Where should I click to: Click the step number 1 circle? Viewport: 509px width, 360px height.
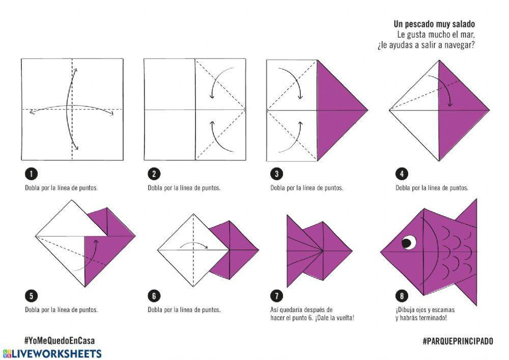click(31, 174)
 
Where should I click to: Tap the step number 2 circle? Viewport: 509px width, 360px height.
click(154, 174)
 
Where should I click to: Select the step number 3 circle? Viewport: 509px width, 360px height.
click(276, 174)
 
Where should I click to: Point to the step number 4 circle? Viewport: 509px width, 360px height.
click(402, 174)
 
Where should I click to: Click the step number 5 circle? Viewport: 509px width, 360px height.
click(31, 296)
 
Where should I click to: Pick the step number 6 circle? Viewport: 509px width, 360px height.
click(154, 296)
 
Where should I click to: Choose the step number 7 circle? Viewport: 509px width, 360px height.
click(276, 296)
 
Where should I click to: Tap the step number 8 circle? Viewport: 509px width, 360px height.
click(402, 296)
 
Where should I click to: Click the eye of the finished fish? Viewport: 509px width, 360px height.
click(409, 242)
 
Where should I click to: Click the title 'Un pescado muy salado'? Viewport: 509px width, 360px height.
click(434, 24)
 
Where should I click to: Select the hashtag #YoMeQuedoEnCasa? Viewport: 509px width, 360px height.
click(60, 341)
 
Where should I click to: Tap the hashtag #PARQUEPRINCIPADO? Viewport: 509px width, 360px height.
click(458, 341)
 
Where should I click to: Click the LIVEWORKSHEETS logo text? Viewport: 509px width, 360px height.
click(52, 353)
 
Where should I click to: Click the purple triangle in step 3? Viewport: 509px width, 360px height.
click(337, 110)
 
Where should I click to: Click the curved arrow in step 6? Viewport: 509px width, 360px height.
click(194, 243)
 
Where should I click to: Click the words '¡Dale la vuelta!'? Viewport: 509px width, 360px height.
click(334, 318)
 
